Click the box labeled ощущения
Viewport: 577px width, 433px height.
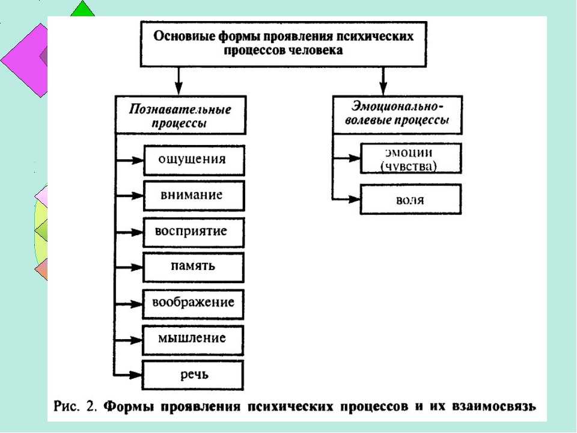194,160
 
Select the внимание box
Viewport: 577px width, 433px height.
194,195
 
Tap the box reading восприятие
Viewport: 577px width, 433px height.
194,232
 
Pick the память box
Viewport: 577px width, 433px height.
193,267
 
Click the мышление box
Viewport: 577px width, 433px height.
193,340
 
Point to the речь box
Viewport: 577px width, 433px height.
193,375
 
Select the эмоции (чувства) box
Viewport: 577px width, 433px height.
411,158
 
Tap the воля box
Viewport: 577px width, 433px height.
411,199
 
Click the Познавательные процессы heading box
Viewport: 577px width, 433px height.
181,115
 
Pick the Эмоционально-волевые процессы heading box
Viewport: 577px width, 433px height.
397,115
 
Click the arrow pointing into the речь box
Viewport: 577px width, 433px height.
128,375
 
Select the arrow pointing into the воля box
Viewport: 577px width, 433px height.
346,199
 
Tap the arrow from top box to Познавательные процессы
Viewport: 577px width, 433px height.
179,81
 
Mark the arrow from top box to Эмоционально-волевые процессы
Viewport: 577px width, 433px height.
383,81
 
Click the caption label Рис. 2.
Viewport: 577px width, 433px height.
75,406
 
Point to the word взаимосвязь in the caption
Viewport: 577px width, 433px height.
494,406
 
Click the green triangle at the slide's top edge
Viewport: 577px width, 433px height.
82,9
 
